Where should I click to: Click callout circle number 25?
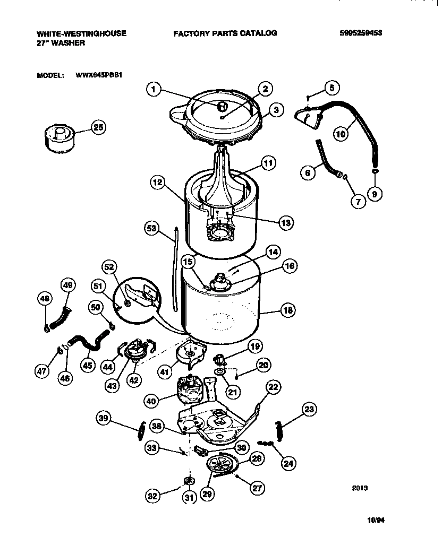[98, 127]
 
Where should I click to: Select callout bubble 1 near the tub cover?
[153, 90]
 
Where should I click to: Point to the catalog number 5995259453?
[361, 33]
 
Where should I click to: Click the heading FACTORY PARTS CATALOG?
[225, 33]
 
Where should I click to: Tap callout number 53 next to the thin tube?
[152, 228]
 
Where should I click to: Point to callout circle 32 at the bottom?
[154, 497]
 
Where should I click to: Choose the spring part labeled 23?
[278, 424]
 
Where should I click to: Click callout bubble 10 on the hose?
[341, 134]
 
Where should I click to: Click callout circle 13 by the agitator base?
[285, 223]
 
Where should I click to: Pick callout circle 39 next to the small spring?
[104, 419]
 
